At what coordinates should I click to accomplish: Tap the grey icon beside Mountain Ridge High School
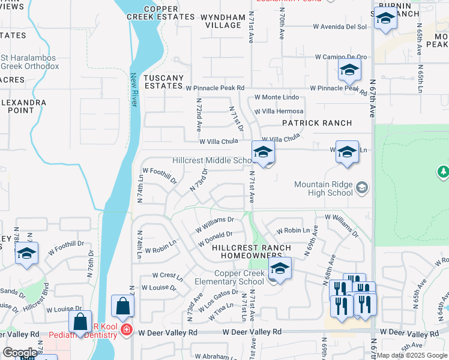pos(361,188)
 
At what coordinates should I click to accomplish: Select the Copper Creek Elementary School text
pos(231,277)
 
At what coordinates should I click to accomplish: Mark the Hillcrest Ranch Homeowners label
pos(252,251)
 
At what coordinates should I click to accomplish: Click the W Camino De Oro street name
pos(341,58)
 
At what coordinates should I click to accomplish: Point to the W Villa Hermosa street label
pos(279,112)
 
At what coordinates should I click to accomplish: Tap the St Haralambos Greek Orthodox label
pos(29,62)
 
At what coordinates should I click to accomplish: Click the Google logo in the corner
pos(19,353)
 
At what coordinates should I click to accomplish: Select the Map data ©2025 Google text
pos(412,355)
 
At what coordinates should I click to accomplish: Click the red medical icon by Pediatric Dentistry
pos(126,331)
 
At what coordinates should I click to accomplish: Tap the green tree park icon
pos(443,173)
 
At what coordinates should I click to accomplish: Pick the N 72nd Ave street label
pos(197,115)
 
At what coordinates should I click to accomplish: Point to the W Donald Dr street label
pos(214,239)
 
